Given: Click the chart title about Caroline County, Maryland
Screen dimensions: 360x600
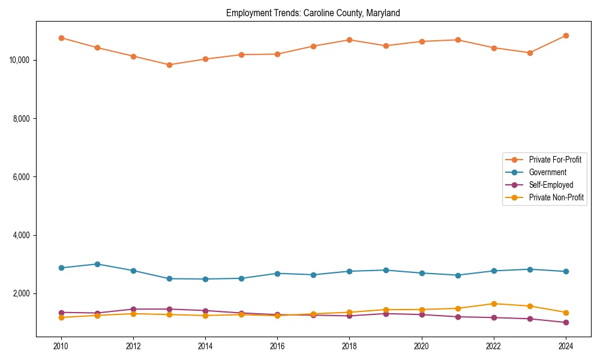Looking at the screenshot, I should (x=313, y=13).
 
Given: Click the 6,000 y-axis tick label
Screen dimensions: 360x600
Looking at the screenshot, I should (x=22, y=177).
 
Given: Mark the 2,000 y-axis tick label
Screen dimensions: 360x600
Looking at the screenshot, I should (x=22, y=293).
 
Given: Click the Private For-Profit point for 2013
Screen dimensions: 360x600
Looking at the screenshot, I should (x=169, y=65).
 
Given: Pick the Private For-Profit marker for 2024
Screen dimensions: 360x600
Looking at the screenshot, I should (x=566, y=35).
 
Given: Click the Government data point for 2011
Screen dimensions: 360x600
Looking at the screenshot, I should (x=97, y=264).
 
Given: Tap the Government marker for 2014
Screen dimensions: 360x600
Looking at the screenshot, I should (x=205, y=279).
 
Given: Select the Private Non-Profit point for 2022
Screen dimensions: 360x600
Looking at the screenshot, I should (x=494, y=304).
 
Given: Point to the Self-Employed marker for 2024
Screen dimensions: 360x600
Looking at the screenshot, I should (x=566, y=322).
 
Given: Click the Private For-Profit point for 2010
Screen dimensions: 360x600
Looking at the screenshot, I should (x=61, y=38).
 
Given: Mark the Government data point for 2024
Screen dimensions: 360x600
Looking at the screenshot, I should (x=566, y=272).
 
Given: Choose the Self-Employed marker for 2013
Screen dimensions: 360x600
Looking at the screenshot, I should (x=169, y=309).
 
